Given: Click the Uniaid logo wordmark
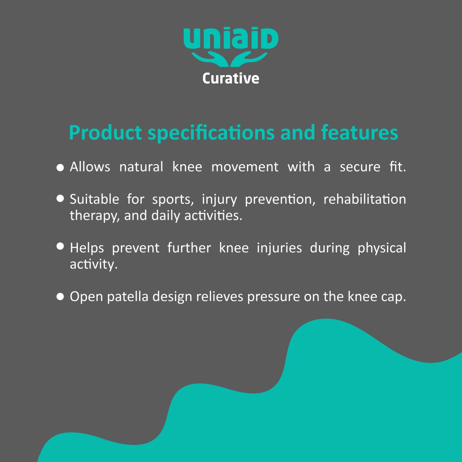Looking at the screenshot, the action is click(x=231, y=38).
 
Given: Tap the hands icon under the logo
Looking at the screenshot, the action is click(x=230, y=59).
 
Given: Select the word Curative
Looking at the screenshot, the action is click(x=231, y=78).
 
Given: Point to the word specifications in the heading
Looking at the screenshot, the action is click(x=211, y=133).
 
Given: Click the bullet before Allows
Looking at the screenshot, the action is click(x=60, y=167).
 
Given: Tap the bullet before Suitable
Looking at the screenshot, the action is click(x=60, y=198).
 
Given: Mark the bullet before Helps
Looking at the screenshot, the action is click(x=60, y=246).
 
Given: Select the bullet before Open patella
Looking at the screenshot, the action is click(x=60, y=297).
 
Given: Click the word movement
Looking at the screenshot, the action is click(x=245, y=167).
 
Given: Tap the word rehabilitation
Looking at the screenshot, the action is click(x=365, y=199).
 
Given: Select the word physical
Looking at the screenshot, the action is click(x=382, y=248).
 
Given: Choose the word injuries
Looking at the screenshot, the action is click(x=279, y=248).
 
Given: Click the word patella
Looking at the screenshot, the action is click(x=127, y=297).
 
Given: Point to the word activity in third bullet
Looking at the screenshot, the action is click(x=94, y=264).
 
